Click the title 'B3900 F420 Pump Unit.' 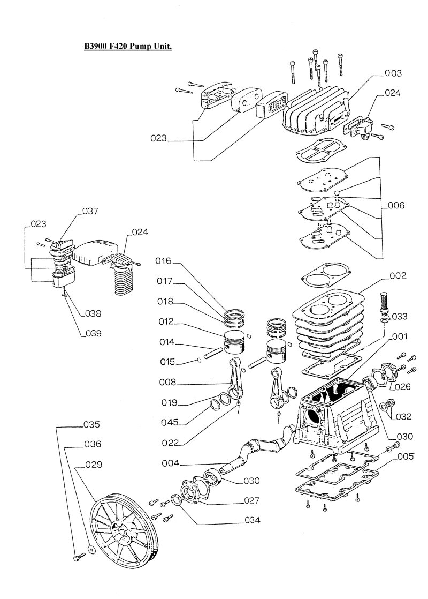point(128,46)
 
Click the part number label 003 point(393,73)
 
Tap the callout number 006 point(396,206)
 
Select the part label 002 point(398,275)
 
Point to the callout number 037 point(90,211)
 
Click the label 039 point(93,333)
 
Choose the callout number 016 point(163,261)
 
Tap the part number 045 point(170,422)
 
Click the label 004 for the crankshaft point(171,463)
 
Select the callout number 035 point(91,424)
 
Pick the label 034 point(252,520)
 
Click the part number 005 point(406,457)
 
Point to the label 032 point(403,416)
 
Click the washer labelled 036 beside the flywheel point(91,550)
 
